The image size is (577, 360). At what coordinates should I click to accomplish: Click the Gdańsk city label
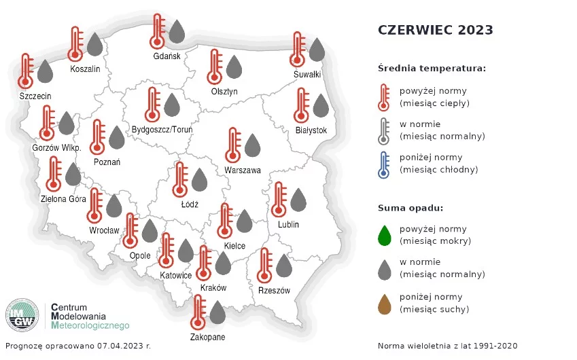coord(167,56)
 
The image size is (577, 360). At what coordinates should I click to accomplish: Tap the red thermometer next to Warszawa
coord(233,145)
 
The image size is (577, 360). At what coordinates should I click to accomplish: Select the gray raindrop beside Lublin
coord(298,200)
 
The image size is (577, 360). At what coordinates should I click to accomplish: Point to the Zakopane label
coord(207,337)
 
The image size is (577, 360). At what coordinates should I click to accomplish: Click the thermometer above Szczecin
coord(25,71)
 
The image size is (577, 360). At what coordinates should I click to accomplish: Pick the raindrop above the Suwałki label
coord(317,50)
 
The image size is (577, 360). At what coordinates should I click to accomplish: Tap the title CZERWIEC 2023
coord(436,30)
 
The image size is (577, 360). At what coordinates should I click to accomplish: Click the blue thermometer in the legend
coord(384,165)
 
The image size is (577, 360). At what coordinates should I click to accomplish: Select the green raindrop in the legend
coord(385,235)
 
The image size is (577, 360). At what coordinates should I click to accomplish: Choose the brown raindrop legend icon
coord(385,304)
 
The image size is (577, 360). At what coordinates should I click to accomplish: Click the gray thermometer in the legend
coord(384,131)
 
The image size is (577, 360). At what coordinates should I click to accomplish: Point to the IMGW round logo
coord(22,315)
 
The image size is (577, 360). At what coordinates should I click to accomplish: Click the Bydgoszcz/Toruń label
coord(162,130)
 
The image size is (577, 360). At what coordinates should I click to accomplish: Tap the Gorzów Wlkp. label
coord(56,148)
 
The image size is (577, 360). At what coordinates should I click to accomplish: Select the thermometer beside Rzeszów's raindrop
coord(264,266)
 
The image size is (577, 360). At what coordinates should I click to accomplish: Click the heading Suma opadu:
coord(410,208)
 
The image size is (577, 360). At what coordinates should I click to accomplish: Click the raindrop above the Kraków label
coord(223,264)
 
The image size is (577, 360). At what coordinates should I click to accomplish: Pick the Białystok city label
coord(311,130)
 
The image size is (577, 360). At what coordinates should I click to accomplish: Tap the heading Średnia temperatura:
coord(432,69)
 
